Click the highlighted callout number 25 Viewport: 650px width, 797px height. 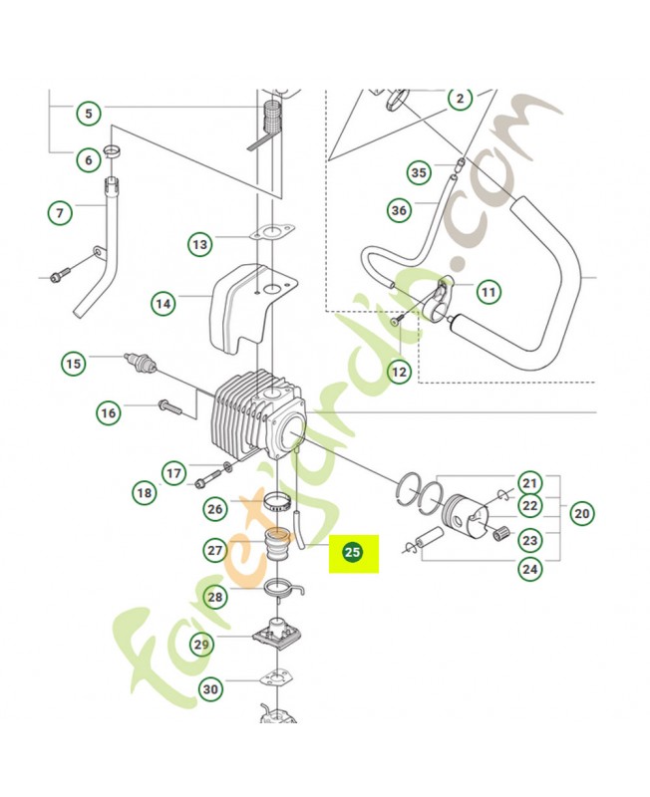coord(352,550)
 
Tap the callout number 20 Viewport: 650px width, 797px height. coord(581,514)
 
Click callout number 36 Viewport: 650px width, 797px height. coord(400,209)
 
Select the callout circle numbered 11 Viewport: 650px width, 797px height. coord(487,292)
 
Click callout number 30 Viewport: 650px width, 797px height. coord(210,688)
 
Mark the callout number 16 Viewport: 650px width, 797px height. coord(109,411)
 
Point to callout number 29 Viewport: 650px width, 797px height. coord(202,645)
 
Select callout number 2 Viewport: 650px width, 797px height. coord(459,99)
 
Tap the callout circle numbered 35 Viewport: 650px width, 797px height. coord(419,172)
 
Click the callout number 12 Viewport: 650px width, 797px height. coord(399,372)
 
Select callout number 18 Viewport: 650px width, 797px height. coord(146,491)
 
